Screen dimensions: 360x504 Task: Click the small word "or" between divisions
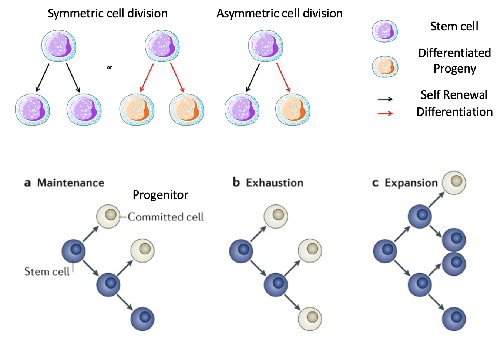point(109,67)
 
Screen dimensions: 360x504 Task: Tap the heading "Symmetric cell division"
point(107,14)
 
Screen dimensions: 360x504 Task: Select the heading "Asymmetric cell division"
point(279,14)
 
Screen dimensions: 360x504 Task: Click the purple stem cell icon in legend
point(385,31)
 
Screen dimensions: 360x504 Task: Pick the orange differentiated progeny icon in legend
point(385,67)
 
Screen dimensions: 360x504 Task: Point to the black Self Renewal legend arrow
point(385,99)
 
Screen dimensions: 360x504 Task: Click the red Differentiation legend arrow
point(385,113)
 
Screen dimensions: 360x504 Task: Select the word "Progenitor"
point(160,195)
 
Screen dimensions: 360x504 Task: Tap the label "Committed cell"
point(165,217)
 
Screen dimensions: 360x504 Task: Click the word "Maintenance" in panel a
point(71,183)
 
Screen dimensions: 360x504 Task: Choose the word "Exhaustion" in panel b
point(275,183)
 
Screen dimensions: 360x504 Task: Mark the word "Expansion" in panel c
point(411,183)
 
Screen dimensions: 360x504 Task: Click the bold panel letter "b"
point(236,182)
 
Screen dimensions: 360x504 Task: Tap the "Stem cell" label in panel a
point(47,271)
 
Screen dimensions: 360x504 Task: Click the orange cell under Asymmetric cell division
point(293,110)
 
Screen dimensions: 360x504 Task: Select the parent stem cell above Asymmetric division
point(265,46)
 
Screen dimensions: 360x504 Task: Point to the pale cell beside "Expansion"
point(454,182)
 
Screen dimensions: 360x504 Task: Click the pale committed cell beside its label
point(108,216)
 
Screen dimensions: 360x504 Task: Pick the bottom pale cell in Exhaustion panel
point(310,319)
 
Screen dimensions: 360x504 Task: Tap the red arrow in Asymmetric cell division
point(283,77)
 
